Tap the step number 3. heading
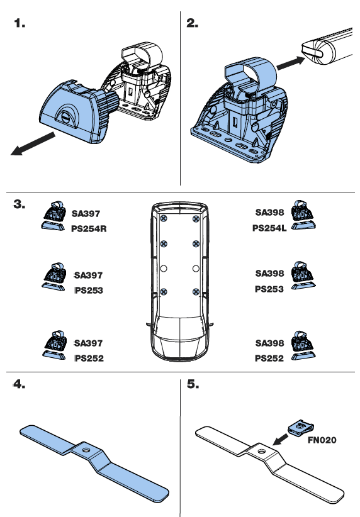pos(20,204)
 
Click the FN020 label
pos(322,440)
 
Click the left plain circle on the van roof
pos(164,269)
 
